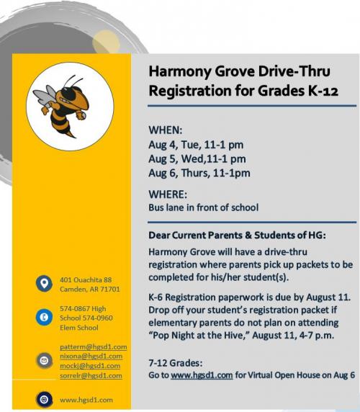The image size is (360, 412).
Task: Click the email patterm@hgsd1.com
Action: point(93,346)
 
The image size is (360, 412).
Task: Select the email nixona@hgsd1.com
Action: point(91,356)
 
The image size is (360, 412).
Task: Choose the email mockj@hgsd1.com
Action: point(90,365)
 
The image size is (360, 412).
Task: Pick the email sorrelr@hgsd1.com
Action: point(91,375)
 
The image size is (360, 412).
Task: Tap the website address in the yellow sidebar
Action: point(86,400)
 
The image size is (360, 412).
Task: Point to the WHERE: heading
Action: point(168,194)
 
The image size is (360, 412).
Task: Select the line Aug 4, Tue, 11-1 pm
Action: point(196,145)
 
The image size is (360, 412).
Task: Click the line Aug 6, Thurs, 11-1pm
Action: point(199,173)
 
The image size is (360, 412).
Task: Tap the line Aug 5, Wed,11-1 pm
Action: point(197,158)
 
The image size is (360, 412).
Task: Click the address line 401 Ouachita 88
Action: point(86,279)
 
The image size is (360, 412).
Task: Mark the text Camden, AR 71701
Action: point(89,289)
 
